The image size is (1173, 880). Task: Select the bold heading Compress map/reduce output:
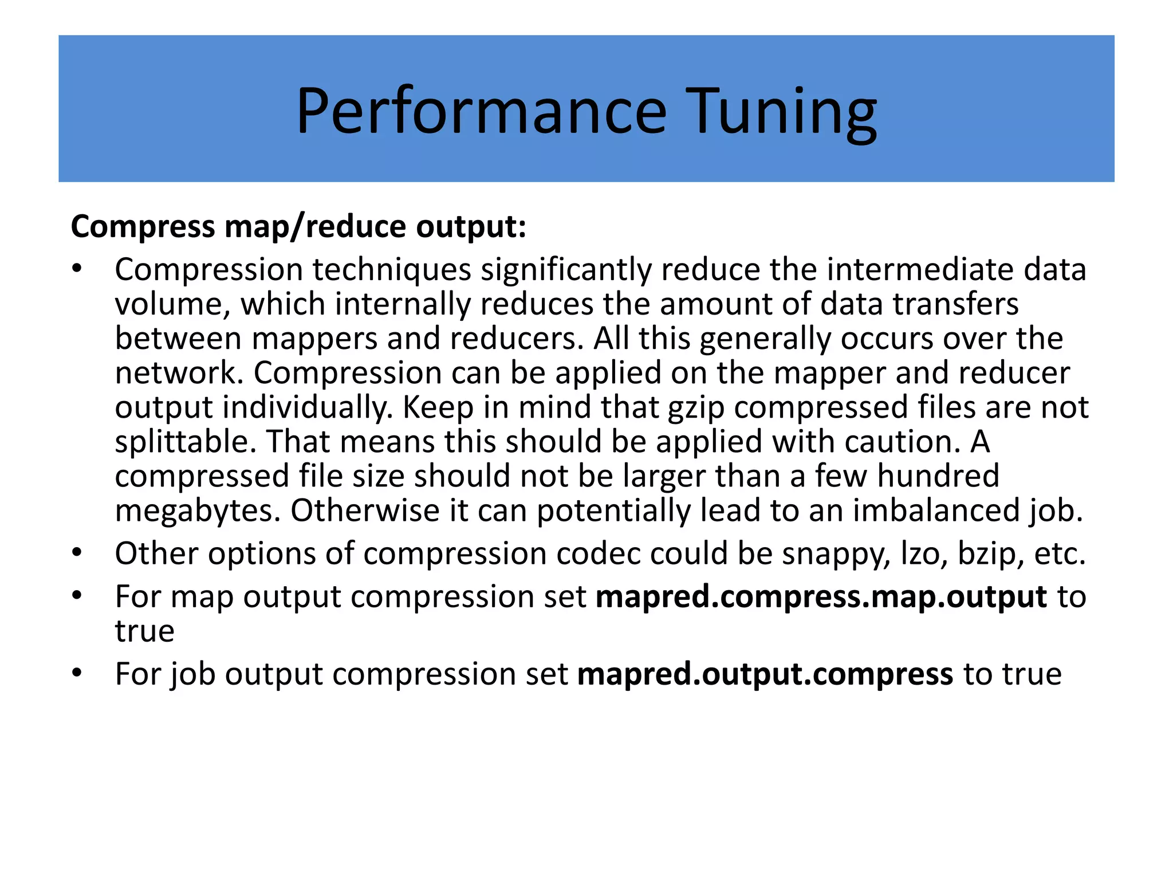point(298,226)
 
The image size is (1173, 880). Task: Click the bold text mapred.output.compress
point(765,674)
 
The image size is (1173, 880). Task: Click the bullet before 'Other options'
point(77,553)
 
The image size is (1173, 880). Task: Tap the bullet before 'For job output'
point(77,674)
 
